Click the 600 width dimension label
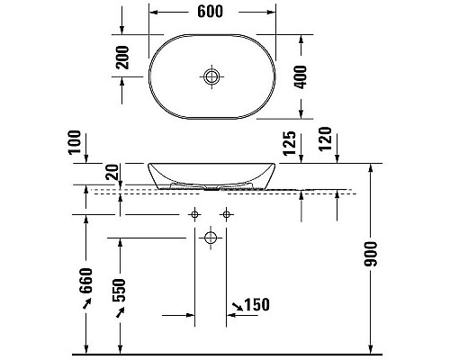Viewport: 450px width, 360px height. point(210,12)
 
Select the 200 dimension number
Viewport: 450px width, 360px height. point(122,58)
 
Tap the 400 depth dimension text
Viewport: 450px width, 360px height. point(301,77)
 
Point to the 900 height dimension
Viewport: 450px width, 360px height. point(371,254)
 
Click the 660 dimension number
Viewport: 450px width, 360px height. point(85,281)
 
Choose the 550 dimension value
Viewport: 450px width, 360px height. point(119,290)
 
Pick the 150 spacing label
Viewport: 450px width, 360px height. point(257,305)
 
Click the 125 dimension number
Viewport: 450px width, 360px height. point(290,143)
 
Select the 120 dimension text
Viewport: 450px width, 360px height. point(325,139)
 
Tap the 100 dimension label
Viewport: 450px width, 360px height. point(75,142)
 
